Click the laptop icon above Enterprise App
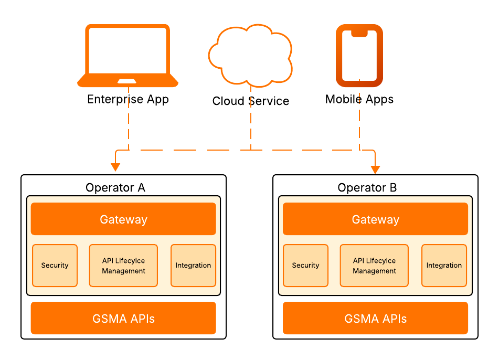pyautogui.click(x=128, y=54)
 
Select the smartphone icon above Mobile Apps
pyautogui.click(x=359, y=55)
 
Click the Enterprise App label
pyautogui.click(x=128, y=99)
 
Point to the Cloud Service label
pyautogui.click(x=250, y=101)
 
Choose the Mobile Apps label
pyautogui.click(x=359, y=99)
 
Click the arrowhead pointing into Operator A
pyautogui.click(x=115, y=167)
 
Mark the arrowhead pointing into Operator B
pyautogui.click(x=375, y=169)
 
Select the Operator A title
pyautogui.click(x=115, y=187)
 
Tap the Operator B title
pyautogui.click(x=367, y=187)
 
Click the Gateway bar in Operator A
pyautogui.click(x=123, y=219)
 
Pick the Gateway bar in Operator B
pyautogui.click(x=375, y=219)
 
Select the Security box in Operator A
pyautogui.click(x=55, y=266)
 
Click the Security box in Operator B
pyautogui.click(x=305, y=266)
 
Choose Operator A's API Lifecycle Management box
pyautogui.click(x=123, y=266)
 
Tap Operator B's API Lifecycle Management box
pyautogui.click(x=374, y=266)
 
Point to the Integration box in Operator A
pyautogui.click(x=193, y=266)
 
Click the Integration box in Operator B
pyautogui.click(x=444, y=266)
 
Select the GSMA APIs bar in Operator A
pyautogui.click(x=123, y=318)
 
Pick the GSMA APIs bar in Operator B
pyautogui.click(x=375, y=318)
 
